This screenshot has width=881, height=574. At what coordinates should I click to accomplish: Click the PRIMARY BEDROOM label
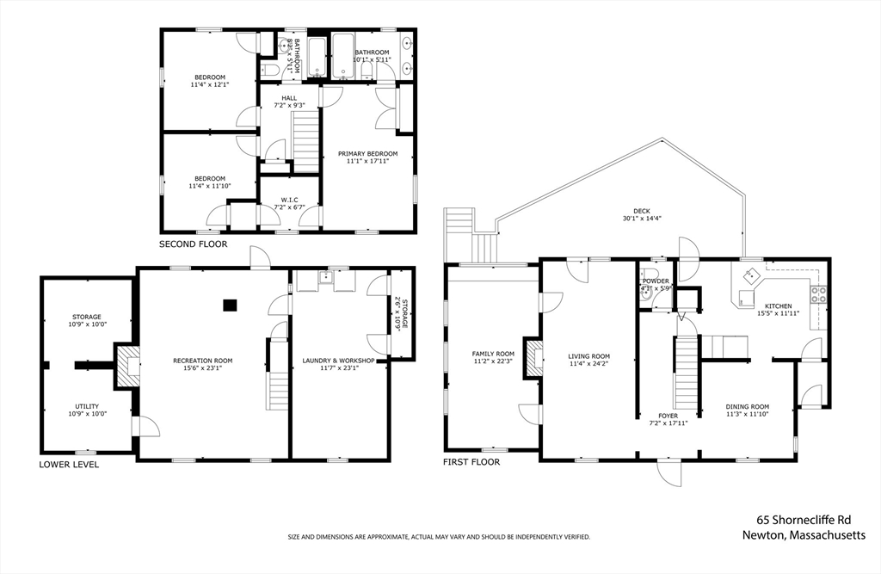[x=367, y=153]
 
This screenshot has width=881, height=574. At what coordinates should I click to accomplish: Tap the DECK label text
[x=642, y=211]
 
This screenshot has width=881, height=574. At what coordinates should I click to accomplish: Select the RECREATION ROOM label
[x=202, y=361]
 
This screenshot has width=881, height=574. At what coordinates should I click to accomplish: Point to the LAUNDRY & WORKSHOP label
[x=338, y=361]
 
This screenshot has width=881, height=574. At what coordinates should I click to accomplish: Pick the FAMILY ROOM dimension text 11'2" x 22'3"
[x=492, y=362]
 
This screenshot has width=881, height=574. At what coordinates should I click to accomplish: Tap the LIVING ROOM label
[x=588, y=356]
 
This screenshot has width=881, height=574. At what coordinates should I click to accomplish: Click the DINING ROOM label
[x=747, y=406]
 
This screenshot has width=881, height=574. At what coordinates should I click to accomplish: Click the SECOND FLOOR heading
[x=193, y=244]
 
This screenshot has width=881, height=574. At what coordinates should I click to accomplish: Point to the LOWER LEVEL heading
[x=69, y=465]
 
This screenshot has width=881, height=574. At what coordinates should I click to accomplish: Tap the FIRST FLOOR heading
[x=471, y=462]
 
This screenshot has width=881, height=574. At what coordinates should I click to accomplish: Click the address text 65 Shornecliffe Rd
[x=804, y=520]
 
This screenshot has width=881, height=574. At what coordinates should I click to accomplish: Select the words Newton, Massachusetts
[x=804, y=534]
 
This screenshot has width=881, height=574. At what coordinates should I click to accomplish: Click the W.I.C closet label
[x=289, y=200]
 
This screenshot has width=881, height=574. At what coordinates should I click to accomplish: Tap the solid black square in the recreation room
[x=229, y=304]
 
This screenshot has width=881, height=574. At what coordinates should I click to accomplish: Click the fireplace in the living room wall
[x=534, y=358]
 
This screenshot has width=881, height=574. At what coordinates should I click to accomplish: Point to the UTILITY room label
[x=86, y=406]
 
